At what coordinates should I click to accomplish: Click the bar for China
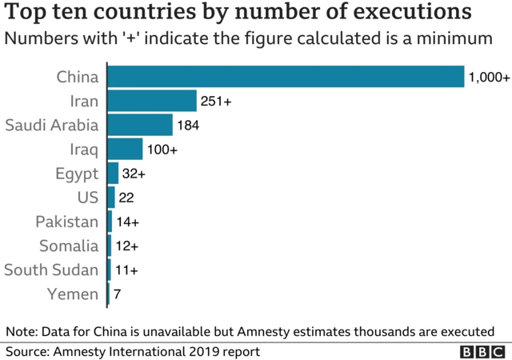tap(286, 77)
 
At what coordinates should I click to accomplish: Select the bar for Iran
tap(152, 101)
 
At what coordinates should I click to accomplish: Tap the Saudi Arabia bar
tap(140, 125)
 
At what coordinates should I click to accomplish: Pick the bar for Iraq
tap(125, 150)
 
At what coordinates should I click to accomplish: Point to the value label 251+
tap(216, 102)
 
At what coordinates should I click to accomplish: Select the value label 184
tap(188, 126)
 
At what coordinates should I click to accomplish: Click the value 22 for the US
tap(126, 198)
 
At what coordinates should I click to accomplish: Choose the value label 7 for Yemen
tap(117, 294)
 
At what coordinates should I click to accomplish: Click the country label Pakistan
tap(67, 222)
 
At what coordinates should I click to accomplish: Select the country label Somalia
tap(68, 246)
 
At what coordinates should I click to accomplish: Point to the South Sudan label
tap(52, 270)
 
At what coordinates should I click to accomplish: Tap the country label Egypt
tap(78, 174)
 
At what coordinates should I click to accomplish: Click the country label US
tap(88, 198)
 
